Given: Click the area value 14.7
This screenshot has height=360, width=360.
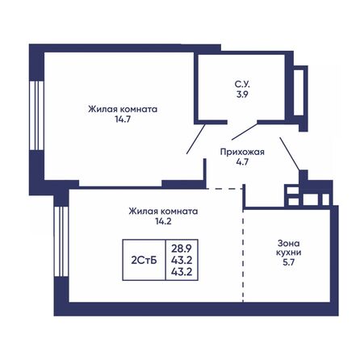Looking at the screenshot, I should pos(123,120).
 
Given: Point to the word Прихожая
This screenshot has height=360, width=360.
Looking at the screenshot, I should pos(243,151).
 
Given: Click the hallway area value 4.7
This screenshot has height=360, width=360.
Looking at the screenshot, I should pos(243,162).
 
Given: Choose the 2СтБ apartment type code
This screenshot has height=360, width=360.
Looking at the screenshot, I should pos(144,260).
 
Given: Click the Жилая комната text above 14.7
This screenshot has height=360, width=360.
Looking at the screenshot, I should pos(123,108).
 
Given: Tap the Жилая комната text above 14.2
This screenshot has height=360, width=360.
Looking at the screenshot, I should pos(162,211).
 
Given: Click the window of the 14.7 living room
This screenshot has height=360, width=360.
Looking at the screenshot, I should pos(33,114).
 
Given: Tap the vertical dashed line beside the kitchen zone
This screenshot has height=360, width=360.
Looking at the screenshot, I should pos(243,258).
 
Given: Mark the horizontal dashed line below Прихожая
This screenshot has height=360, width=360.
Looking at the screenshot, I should pos(224,188).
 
